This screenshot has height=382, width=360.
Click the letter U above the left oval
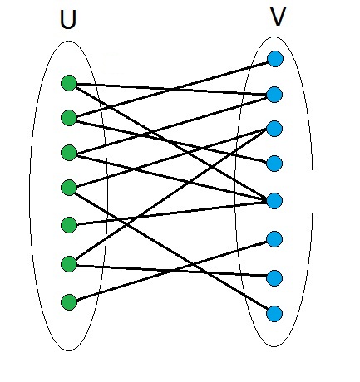tap(68, 20)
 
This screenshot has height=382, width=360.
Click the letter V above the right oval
tap(278, 17)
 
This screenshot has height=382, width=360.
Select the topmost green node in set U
tap(69, 83)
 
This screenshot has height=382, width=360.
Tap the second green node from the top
tap(69, 118)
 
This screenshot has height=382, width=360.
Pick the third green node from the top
tap(69, 153)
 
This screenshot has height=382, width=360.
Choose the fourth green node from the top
tap(69, 188)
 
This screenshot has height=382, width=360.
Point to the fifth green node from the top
tap(69, 225)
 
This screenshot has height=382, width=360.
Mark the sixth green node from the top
tap(69, 264)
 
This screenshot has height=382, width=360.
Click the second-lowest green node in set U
tap(69, 264)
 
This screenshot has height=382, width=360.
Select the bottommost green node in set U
tap(69, 301)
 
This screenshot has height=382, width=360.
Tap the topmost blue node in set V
tap(275, 59)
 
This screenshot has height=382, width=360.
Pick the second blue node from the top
tap(274, 95)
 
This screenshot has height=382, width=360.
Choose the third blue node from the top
tap(274, 129)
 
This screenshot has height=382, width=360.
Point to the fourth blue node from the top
tap(274, 164)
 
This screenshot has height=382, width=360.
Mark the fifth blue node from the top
tap(274, 201)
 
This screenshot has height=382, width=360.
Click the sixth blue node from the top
tap(274, 239)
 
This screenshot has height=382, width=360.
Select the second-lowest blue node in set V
tap(274, 277)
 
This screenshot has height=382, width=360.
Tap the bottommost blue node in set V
tap(274, 314)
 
